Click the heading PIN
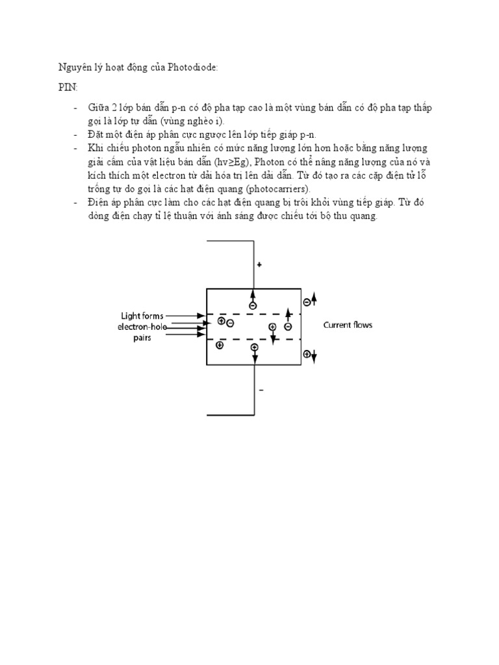62,88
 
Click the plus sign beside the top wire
259,265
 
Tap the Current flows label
348,325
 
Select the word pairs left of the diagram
143,338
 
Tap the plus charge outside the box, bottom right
306,355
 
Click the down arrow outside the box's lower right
314,355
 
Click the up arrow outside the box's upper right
314,299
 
